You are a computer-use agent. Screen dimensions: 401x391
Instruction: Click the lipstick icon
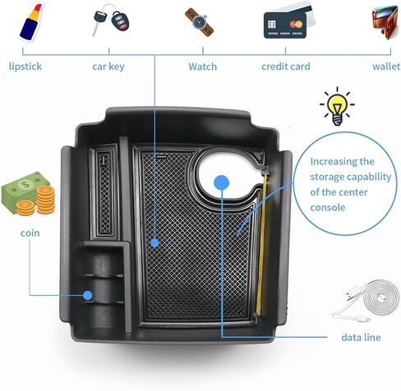pyautogui.click(x=31, y=22)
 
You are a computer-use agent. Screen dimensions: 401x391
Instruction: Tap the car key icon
pyautogui.click(x=111, y=20)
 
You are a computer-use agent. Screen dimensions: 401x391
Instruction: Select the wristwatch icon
pyautogui.click(x=199, y=21)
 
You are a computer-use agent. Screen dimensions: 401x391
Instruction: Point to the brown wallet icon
pyautogui.click(x=385, y=22)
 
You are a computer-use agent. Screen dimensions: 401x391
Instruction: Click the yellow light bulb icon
pyautogui.click(x=338, y=106)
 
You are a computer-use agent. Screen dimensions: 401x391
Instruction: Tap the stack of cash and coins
pyautogui.click(x=28, y=194)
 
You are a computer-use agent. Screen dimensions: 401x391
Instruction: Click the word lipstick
pyautogui.click(x=25, y=67)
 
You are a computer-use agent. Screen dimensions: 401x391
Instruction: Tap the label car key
pyautogui.click(x=108, y=67)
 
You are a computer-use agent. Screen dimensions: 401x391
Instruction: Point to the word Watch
pyautogui.click(x=202, y=67)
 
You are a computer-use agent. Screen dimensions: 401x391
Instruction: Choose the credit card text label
pyautogui.click(x=286, y=67)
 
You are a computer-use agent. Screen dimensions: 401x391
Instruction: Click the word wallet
pyautogui.click(x=386, y=67)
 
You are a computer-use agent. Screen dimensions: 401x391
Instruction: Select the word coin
pyautogui.click(x=30, y=233)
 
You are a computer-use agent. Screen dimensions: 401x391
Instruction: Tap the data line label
pyautogui.click(x=361, y=338)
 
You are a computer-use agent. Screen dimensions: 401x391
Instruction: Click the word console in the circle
pyautogui.click(x=328, y=208)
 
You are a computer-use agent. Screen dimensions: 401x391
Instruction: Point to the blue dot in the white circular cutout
pyautogui.click(x=221, y=182)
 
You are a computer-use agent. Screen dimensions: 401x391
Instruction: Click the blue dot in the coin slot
pyautogui.click(x=88, y=295)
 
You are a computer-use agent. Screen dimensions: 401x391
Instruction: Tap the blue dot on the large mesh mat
pyautogui.click(x=155, y=243)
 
